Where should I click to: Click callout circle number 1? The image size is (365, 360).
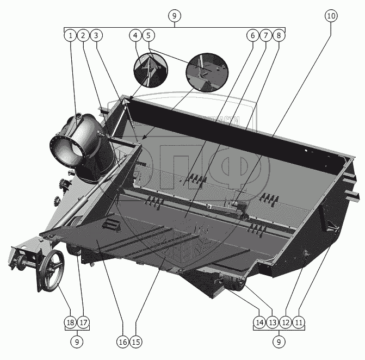coord(70,35)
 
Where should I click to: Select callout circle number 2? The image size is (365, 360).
coord(83,35)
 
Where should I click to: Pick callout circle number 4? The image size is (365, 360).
coord(135,35)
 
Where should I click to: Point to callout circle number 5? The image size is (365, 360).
coord(149,35)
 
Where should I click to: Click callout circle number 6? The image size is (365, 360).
coord(252,35)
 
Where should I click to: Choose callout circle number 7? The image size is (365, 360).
coord(265,35)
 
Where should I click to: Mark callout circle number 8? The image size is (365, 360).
coord(279,35)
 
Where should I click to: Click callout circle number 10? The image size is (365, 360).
coord(331,16)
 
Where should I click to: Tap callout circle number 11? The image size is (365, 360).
coord(299,322)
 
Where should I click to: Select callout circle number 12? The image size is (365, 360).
coord(286,322)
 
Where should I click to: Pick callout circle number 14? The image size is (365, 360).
coord(259,322)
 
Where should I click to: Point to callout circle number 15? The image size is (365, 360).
coord(135,342)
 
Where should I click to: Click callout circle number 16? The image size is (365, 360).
coord(122,342)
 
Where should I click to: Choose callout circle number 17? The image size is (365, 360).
coord(83,322)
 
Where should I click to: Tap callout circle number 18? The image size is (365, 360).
coord(70,322)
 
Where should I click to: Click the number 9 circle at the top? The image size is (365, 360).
coord(174,16)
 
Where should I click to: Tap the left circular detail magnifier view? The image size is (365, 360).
coord(151,69)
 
